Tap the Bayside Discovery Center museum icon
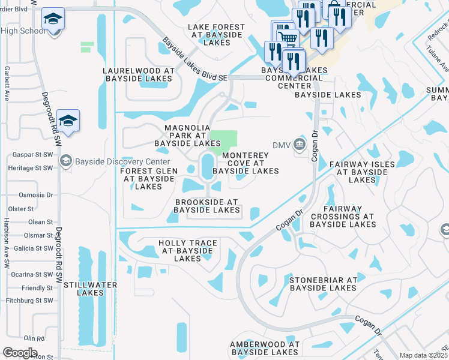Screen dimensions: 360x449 pos(66,160)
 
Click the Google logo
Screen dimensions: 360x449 pos(20,352)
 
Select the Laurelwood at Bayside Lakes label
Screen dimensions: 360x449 pos(139,74)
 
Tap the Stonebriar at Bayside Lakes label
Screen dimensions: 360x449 pos(323,284)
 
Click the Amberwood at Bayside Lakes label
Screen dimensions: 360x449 pos(265,348)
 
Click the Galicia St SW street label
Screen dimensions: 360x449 pos(32,248)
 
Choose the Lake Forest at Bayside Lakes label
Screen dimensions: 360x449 pos(217,35)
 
